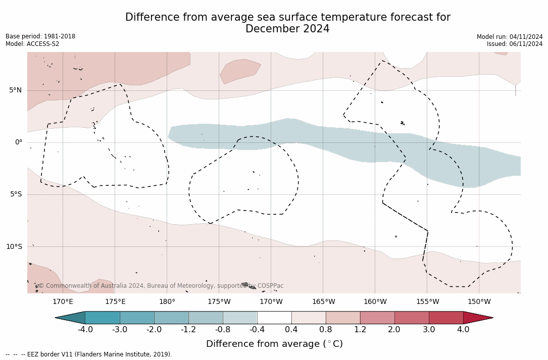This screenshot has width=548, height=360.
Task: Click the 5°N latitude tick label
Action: coord(15,90)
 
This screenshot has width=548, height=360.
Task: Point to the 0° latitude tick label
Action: coord(19,142)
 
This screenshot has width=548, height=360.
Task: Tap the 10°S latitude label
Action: coord(14,247)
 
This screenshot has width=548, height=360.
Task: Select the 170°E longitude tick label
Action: coord(63,302)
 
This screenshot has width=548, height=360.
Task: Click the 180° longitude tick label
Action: coord(167,302)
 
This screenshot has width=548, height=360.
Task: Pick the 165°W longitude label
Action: coord(323,302)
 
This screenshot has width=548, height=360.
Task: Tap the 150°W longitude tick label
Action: coord(479,302)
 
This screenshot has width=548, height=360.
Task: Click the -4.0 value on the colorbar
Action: coord(85,330)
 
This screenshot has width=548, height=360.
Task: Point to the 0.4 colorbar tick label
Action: coord(291,330)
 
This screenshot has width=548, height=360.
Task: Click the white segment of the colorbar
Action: coord(274,318)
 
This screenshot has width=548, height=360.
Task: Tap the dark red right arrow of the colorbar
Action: coord(477,318)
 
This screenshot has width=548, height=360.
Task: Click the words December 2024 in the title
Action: coord(287,29)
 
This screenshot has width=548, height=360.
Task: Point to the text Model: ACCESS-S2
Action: coord(32,44)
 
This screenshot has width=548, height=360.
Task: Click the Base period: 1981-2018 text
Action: coord(40,36)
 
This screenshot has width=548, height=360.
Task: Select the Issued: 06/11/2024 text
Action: coord(515,44)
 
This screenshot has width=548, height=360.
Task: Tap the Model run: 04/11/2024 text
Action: coord(510,37)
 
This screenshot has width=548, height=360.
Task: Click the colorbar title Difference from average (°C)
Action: coord(274,344)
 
